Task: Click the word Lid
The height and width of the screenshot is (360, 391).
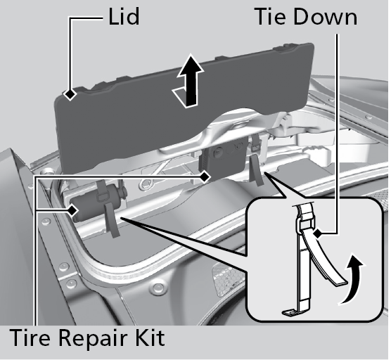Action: coord(124,16)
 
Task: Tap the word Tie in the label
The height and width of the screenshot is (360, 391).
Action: coord(271,16)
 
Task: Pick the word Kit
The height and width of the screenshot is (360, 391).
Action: coord(152,337)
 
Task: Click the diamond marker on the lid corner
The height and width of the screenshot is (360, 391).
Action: coord(70,94)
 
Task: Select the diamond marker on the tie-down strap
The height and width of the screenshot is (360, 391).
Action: coord(317,234)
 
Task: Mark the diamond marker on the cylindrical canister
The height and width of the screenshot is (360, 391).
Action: coord(72,210)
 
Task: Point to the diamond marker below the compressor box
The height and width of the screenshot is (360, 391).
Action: coord(205,177)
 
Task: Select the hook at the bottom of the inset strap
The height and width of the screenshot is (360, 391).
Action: coord(291,313)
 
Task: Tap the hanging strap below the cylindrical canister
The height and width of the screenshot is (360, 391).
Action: coord(112,219)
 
